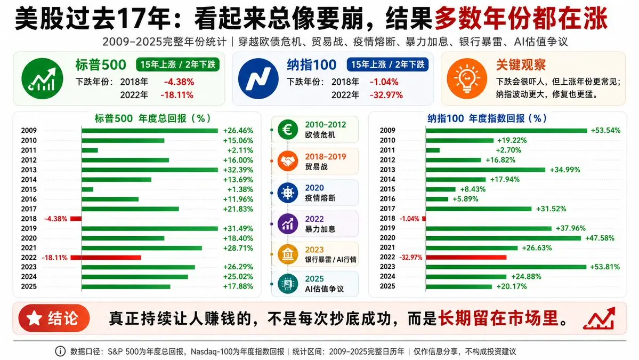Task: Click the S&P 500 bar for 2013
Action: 150,170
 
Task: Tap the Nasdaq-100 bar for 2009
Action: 506,131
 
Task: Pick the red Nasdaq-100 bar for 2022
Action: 466,257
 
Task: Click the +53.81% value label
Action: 605,267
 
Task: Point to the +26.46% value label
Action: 238,131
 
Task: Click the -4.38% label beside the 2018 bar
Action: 56,219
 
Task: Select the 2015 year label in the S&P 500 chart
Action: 29,189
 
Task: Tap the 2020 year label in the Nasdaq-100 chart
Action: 387,238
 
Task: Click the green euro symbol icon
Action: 288,130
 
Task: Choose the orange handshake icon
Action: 288,162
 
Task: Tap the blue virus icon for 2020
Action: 288,193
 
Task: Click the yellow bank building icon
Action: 288,254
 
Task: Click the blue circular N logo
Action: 258,79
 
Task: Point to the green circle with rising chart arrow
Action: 43,79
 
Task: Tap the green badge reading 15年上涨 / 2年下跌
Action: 177,65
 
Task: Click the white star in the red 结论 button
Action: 34,318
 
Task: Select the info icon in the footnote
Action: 60,351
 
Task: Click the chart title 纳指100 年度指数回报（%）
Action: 487,118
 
